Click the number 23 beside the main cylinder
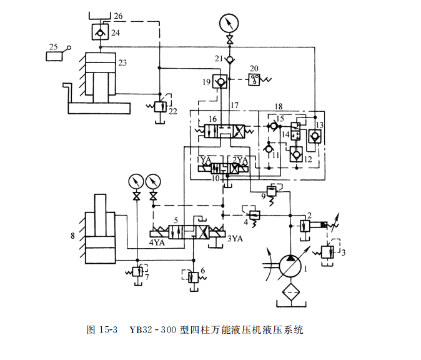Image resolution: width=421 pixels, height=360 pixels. [x=122, y=62]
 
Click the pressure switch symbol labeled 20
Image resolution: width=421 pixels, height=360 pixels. [x=255, y=79]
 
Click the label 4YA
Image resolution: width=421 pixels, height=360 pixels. [x=157, y=242]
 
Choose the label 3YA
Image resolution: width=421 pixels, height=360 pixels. [x=234, y=238]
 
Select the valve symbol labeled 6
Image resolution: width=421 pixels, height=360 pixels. [x=193, y=276]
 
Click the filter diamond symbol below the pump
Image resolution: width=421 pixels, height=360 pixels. [x=289, y=293]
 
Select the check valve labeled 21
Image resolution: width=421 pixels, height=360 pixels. [x=230, y=59]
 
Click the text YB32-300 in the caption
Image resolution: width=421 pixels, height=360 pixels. [x=151, y=329]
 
